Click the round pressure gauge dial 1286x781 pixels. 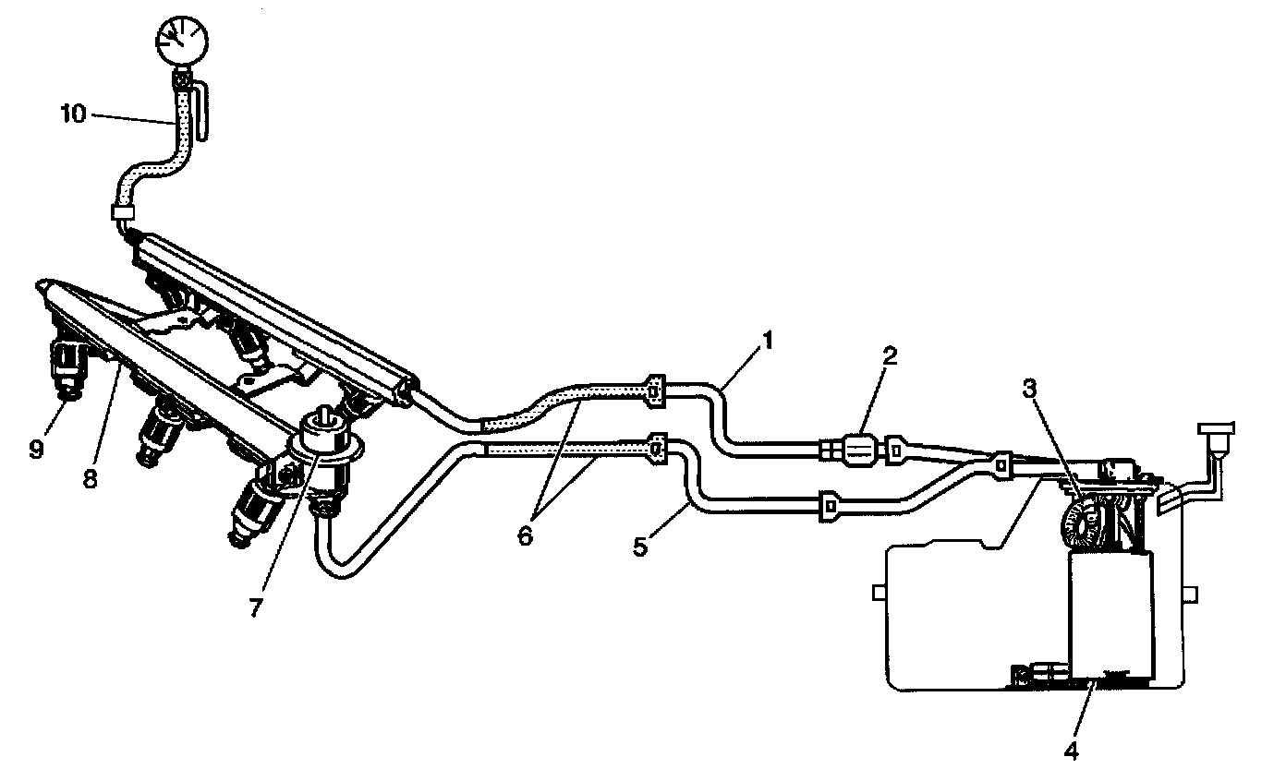(x=181, y=40)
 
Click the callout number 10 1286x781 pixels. (x=73, y=114)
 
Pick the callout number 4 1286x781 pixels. (x=1072, y=750)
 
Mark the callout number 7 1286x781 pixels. (x=255, y=607)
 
